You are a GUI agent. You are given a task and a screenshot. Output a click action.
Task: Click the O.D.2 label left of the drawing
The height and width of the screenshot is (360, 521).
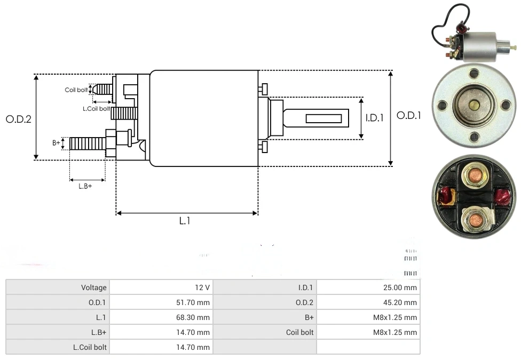tap(19, 119)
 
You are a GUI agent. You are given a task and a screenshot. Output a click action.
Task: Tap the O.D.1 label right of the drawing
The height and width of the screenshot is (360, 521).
tap(408, 115)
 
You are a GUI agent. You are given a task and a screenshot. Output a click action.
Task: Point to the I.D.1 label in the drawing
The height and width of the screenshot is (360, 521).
tap(374, 118)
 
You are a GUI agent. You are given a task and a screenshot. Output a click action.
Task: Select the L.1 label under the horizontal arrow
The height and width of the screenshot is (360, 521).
tap(185, 220)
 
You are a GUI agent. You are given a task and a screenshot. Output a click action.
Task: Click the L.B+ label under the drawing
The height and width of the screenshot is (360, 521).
tap(85, 186)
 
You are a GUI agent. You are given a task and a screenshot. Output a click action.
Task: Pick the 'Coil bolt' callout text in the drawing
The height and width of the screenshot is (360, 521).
tap(76, 90)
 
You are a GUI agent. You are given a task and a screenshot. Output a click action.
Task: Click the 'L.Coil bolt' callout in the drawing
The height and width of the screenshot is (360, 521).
tap(96, 109)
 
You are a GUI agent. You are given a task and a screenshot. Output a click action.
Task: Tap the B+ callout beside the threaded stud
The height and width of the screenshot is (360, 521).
tap(56, 143)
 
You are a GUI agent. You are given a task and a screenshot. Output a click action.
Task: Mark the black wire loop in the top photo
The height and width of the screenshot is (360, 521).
tap(446, 26)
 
